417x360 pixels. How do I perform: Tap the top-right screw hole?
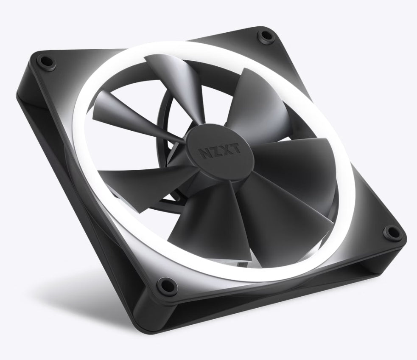pos(266,37)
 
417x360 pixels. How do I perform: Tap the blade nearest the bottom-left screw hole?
pos(195,221)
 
